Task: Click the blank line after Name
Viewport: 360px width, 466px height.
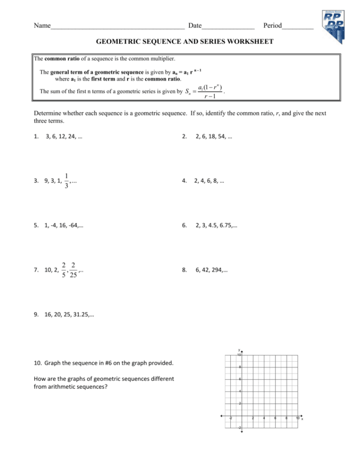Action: (117, 26)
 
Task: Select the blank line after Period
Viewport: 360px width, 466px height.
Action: (298, 26)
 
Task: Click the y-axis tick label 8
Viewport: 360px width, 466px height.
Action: (239, 368)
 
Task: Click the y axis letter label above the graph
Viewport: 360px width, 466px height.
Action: (239, 350)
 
